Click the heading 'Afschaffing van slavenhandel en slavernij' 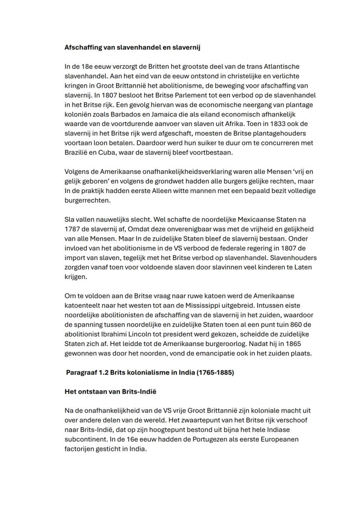pyautogui.click(x=132, y=48)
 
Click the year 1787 pyautogui.click(x=72, y=229)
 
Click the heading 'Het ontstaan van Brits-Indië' pyautogui.click(x=110, y=391)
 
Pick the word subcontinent pyautogui.click(x=84, y=439)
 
